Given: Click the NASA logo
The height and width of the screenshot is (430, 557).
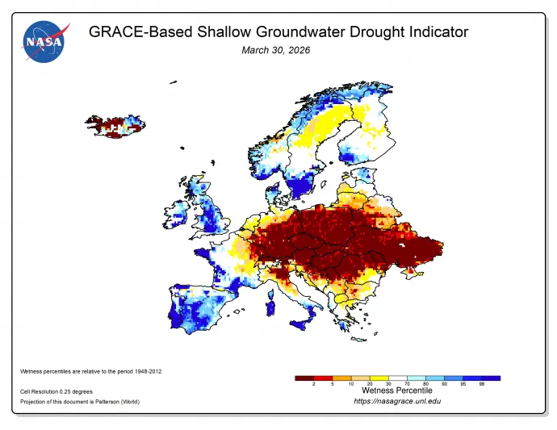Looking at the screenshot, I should (x=45, y=43).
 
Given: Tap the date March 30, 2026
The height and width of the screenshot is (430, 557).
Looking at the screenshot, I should (x=276, y=50).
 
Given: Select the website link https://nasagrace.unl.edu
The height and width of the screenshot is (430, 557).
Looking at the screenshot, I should (x=397, y=401).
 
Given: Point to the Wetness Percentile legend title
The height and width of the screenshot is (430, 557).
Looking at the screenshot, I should (x=396, y=390).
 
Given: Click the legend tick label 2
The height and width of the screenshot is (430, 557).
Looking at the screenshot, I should (x=313, y=384).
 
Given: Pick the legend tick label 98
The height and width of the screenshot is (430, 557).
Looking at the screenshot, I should (x=483, y=384).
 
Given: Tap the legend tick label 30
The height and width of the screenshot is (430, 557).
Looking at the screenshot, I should (x=389, y=384).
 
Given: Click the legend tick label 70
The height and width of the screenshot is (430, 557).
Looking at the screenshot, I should (x=408, y=384).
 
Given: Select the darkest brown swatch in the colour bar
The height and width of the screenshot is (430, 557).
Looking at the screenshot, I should (x=304, y=378).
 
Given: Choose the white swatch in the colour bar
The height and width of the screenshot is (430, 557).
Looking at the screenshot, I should (x=399, y=378).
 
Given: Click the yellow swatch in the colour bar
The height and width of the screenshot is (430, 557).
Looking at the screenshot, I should (x=379, y=378).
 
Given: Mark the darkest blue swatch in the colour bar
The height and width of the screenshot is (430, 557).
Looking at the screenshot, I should (x=492, y=378).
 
